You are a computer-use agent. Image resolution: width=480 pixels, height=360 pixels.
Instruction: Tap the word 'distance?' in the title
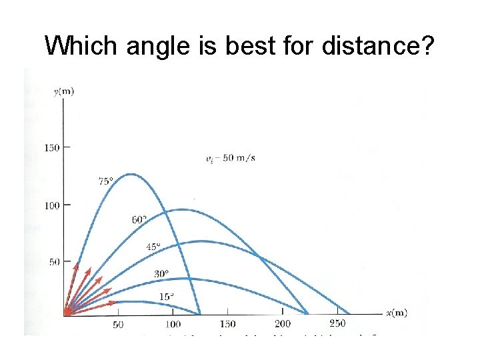(379, 46)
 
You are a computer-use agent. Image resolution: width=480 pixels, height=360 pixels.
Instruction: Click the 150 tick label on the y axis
(52, 147)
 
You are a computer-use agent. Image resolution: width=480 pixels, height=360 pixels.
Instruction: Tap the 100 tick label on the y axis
(52, 205)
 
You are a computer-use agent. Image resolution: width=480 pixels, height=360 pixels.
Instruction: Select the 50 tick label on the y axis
(55, 262)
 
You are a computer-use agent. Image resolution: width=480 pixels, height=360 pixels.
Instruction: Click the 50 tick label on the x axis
(117, 325)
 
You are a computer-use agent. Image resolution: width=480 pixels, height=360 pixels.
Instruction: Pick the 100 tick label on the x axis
(172, 325)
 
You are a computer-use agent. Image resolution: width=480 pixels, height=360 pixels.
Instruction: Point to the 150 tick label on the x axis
(227, 325)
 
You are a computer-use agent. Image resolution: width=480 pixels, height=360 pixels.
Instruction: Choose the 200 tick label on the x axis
(282, 325)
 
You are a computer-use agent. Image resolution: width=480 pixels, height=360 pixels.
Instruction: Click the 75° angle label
(105, 181)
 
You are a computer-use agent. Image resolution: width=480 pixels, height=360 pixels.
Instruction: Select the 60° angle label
(139, 219)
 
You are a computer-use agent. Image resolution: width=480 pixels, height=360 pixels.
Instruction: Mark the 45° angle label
(153, 247)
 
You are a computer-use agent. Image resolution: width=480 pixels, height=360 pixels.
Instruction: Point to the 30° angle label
(161, 273)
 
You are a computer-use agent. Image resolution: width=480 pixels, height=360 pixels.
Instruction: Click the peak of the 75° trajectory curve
(131, 174)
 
